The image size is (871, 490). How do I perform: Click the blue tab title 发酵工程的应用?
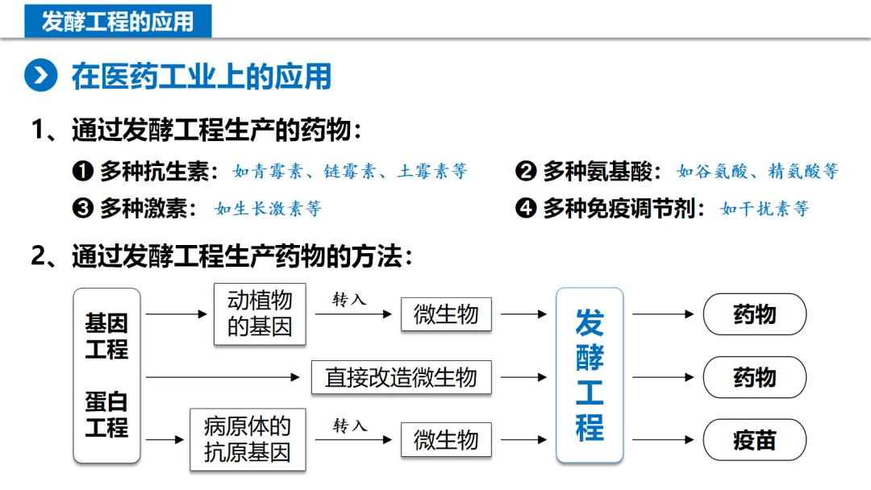pos(118,21)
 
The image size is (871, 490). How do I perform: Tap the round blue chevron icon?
pos(40,76)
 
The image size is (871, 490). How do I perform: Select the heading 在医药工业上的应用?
pos(202,77)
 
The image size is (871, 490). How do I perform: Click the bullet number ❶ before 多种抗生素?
pos(83,172)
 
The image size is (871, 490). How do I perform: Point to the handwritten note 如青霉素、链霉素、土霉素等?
pos(350,172)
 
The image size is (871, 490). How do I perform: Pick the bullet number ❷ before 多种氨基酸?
pos(526,172)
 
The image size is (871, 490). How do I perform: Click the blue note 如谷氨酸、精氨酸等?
pos(757,172)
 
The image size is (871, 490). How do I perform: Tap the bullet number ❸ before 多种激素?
pos(83,209)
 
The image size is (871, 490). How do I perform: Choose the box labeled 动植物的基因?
pos(260,314)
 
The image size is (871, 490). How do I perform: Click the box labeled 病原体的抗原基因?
pos(248,439)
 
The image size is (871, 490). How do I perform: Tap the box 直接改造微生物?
pos(401,377)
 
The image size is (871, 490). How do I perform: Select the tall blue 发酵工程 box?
pos(590,376)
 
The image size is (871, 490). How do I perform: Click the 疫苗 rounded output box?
pos(755,441)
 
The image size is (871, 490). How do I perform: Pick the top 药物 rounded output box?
pos(755,314)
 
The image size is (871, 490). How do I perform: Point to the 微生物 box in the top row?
pos(446,314)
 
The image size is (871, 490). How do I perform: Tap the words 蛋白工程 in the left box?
pos(106,414)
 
